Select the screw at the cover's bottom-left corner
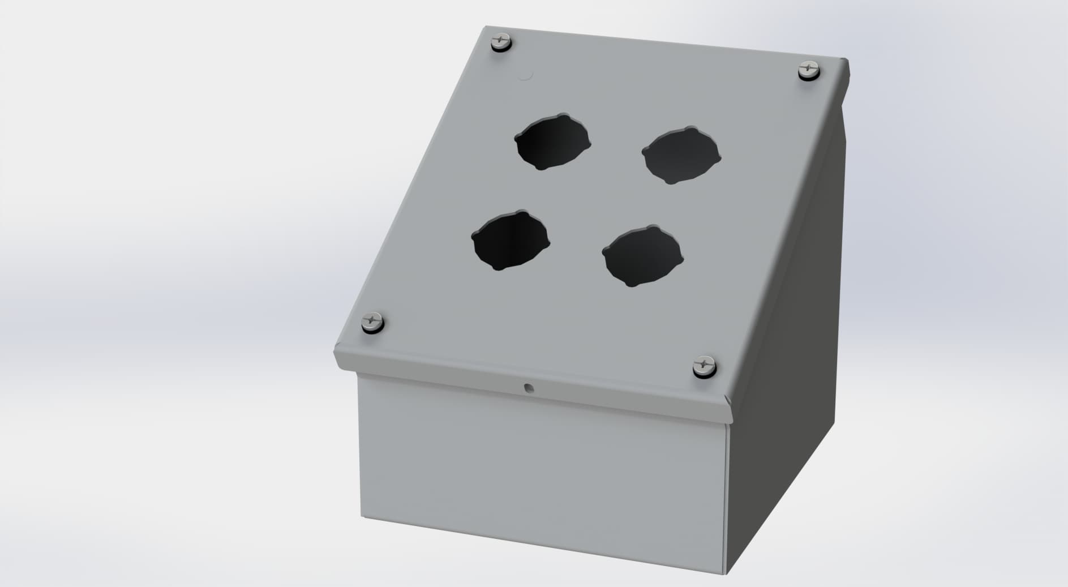(372, 322)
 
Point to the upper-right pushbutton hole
(681, 155)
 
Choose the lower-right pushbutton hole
(643, 255)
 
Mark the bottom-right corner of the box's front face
(726, 574)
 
